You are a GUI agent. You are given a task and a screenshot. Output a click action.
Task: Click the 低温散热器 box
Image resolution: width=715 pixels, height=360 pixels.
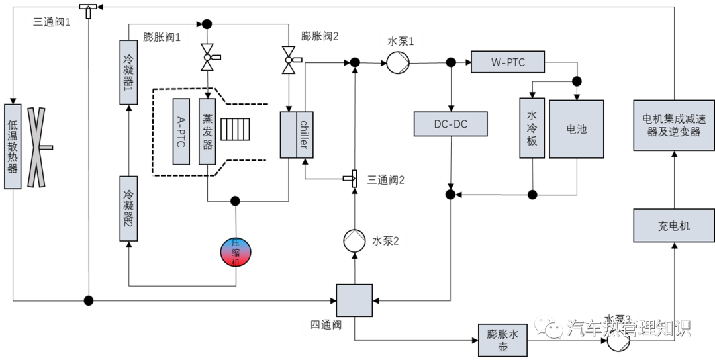(13, 146)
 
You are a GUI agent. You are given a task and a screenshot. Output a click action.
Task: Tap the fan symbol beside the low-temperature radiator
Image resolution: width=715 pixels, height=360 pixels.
(36, 147)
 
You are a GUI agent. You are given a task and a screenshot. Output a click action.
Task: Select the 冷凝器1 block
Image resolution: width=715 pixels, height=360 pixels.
(128, 72)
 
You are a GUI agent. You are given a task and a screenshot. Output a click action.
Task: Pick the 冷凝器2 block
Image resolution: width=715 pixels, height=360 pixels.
(128, 208)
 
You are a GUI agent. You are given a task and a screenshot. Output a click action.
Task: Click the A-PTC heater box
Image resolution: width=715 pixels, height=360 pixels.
(181, 131)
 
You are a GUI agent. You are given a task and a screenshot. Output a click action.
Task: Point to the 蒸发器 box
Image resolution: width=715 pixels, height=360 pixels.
(207, 131)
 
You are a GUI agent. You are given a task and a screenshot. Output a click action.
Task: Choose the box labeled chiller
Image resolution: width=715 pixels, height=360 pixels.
(305, 134)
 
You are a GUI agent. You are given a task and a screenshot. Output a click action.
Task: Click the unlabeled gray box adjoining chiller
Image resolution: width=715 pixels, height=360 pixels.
(288, 134)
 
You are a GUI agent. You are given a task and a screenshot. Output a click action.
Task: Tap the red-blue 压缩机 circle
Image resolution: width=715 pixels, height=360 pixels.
(236, 252)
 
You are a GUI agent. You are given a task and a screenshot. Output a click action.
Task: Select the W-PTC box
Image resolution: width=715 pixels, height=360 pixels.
(508, 62)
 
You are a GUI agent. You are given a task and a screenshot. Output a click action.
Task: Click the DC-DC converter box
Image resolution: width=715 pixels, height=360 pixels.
(450, 124)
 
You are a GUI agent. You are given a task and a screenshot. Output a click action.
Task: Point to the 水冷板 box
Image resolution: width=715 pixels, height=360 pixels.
(532, 128)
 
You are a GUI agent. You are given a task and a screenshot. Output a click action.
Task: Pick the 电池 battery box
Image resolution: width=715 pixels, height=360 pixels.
(576, 129)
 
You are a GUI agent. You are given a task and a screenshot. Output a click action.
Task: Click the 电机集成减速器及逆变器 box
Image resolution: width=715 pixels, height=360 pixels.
(673, 125)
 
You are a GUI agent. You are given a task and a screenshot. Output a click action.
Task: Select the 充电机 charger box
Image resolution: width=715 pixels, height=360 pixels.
(673, 226)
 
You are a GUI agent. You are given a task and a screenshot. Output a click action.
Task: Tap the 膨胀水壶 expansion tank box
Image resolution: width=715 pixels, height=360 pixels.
(502, 340)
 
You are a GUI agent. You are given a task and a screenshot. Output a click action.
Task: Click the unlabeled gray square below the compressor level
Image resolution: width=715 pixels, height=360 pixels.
(354, 300)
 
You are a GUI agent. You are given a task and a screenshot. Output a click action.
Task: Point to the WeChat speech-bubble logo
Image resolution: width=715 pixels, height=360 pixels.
(548, 326)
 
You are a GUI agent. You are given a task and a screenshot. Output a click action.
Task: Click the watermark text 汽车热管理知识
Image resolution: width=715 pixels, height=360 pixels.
(628, 328)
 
